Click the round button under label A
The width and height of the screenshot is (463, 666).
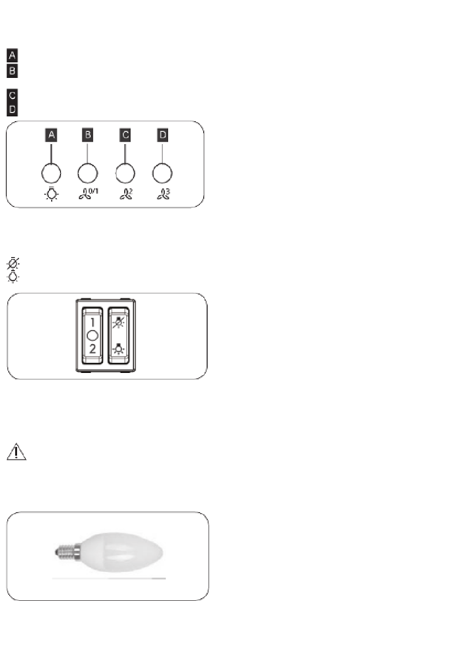click(x=51, y=173)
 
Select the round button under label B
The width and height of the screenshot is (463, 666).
click(x=87, y=173)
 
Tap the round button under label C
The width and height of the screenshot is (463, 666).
click(x=125, y=173)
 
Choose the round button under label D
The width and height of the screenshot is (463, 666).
click(x=162, y=173)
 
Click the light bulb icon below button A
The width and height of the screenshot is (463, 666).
click(x=52, y=194)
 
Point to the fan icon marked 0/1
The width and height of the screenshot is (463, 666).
click(x=88, y=194)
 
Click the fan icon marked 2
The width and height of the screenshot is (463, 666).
click(x=126, y=194)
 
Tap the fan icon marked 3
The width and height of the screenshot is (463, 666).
click(x=164, y=194)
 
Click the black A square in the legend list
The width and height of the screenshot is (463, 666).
click(x=12, y=55)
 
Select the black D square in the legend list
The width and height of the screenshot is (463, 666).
click(x=12, y=110)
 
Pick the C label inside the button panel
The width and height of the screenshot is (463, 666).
click(x=125, y=135)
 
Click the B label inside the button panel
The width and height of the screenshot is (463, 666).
click(x=87, y=135)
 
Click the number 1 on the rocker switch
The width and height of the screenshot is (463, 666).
click(x=92, y=322)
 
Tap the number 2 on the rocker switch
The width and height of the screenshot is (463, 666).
click(x=92, y=349)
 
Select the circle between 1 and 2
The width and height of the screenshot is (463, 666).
click(x=92, y=335)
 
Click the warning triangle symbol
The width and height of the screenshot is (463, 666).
click(x=17, y=452)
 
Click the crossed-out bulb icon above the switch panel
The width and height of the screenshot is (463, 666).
click(x=13, y=263)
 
